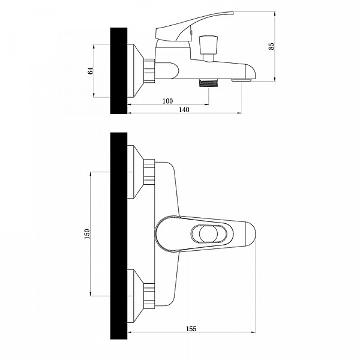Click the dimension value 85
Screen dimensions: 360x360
click(272, 46)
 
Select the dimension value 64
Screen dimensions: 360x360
click(91, 70)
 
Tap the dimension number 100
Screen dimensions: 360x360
click(167, 101)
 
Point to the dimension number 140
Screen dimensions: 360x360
click(184, 110)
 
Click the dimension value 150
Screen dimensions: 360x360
click(87, 234)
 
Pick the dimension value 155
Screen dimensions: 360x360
click(191, 329)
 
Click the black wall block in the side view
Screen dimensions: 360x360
click(119, 71)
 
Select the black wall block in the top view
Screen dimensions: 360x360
click(119, 236)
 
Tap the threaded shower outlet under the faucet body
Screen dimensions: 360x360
click(208, 83)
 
